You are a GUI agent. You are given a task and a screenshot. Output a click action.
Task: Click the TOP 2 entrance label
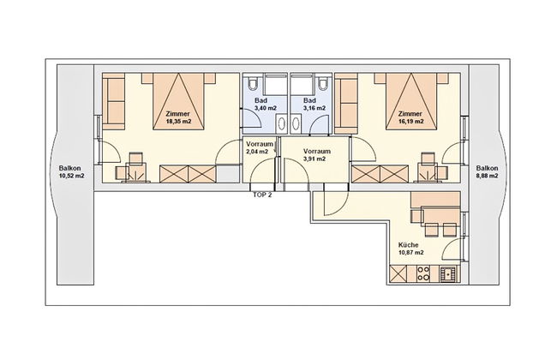point(262,195)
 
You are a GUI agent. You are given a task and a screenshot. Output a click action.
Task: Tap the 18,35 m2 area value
point(179,121)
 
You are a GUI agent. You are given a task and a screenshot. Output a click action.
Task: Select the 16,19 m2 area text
point(410,121)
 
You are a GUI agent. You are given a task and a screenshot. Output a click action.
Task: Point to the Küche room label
point(408,245)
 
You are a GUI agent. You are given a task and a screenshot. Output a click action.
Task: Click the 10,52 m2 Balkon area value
point(71,176)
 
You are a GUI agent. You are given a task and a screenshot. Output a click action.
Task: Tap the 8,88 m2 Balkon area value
point(487,176)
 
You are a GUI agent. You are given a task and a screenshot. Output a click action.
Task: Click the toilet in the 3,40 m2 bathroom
point(254,82)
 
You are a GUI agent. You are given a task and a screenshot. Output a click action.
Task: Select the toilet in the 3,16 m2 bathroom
point(322,82)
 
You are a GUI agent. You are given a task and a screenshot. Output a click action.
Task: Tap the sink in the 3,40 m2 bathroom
point(281,124)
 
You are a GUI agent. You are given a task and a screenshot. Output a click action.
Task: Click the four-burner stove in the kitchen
point(423,274)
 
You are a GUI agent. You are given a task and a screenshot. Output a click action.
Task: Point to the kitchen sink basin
point(449,274)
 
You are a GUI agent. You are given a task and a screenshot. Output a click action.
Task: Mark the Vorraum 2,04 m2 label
point(260,147)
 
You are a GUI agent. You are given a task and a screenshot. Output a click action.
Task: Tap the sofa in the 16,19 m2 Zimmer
point(346,104)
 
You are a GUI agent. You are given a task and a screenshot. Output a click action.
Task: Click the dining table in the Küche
point(440,217)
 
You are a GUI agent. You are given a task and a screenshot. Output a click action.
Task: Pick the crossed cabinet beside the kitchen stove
point(398,274)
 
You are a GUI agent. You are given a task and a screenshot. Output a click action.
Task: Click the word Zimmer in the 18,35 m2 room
point(178,114)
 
